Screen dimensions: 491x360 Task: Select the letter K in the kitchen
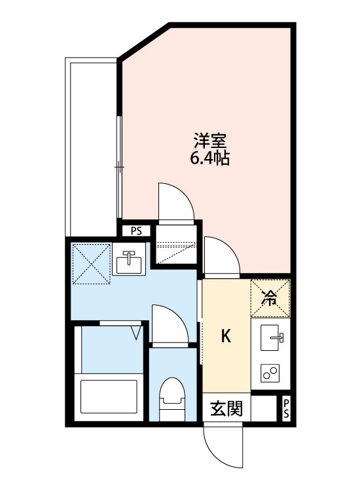point(226,336)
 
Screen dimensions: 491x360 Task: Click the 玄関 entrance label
point(226,409)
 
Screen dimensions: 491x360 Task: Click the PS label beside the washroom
point(136,230)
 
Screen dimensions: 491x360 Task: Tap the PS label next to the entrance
point(286,409)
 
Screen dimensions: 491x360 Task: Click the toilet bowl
point(173,398)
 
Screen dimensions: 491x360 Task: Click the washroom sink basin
point(128,263)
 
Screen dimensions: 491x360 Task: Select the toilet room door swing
point(169,324)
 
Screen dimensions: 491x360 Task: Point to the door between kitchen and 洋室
point(221,256)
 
